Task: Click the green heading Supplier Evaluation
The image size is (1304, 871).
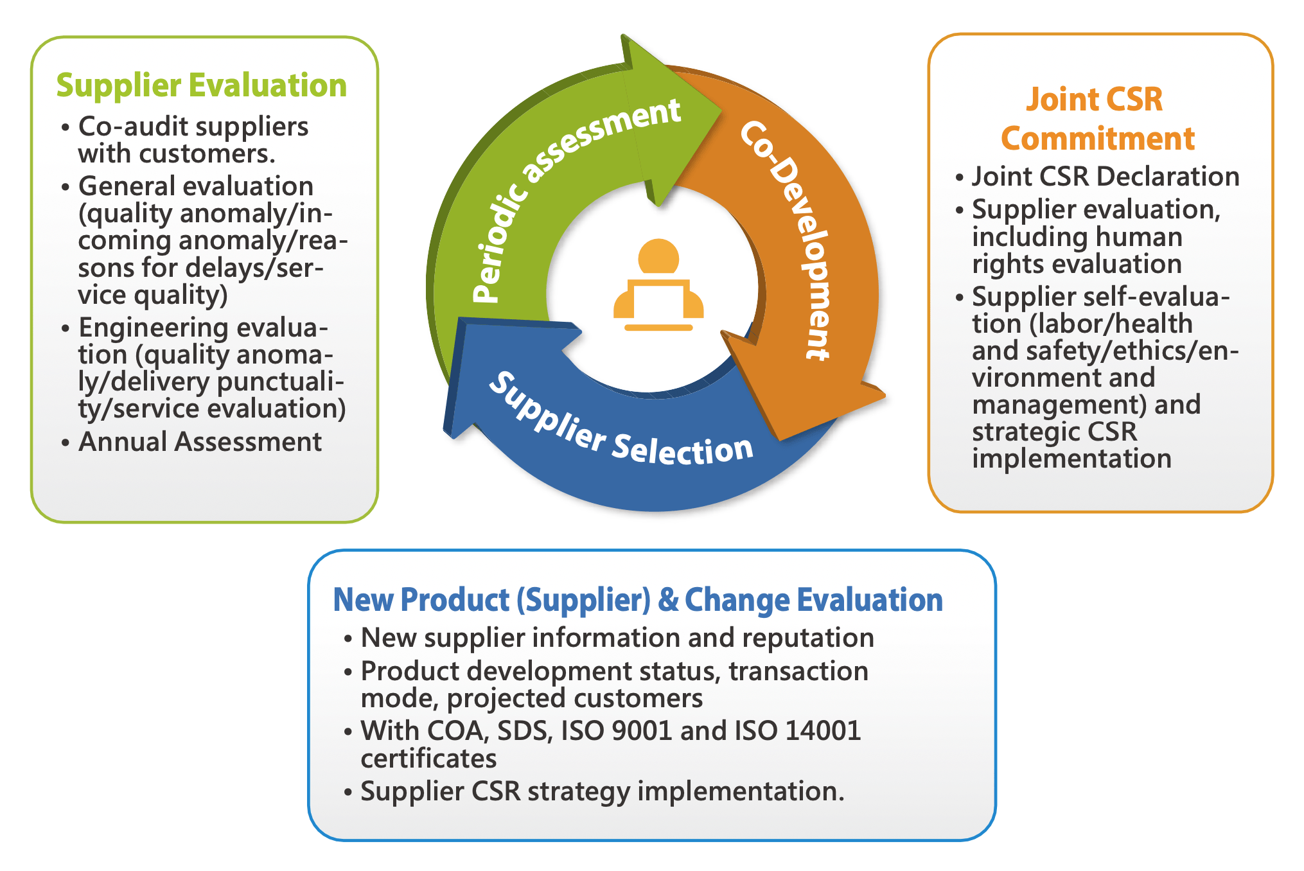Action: (202, 85)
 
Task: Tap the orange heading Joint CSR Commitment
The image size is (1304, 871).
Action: (1098, 119)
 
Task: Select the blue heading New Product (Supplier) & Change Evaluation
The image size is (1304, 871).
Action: (638, 600)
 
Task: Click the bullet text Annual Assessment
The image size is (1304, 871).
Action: (200, 442)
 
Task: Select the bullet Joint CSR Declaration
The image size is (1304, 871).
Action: (1106, 176)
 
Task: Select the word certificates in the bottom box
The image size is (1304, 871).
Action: (428, 759)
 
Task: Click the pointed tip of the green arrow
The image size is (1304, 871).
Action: (721, 116)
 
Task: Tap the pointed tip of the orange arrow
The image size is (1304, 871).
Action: (779, 441)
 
